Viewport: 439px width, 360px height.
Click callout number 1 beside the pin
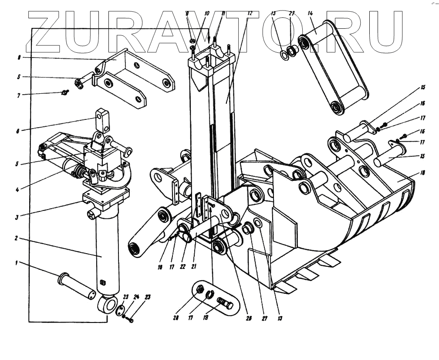click(x=17, y=263)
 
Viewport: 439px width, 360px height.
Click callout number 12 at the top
click(x=250, y=14)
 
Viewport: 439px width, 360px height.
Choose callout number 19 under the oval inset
click(x=206, y=318)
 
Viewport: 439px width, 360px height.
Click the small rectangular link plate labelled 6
click(x=102, y=119)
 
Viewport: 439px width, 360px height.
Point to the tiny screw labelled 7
click(x=65, y=92)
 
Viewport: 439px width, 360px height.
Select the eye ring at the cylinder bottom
click(x=107, y=304)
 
